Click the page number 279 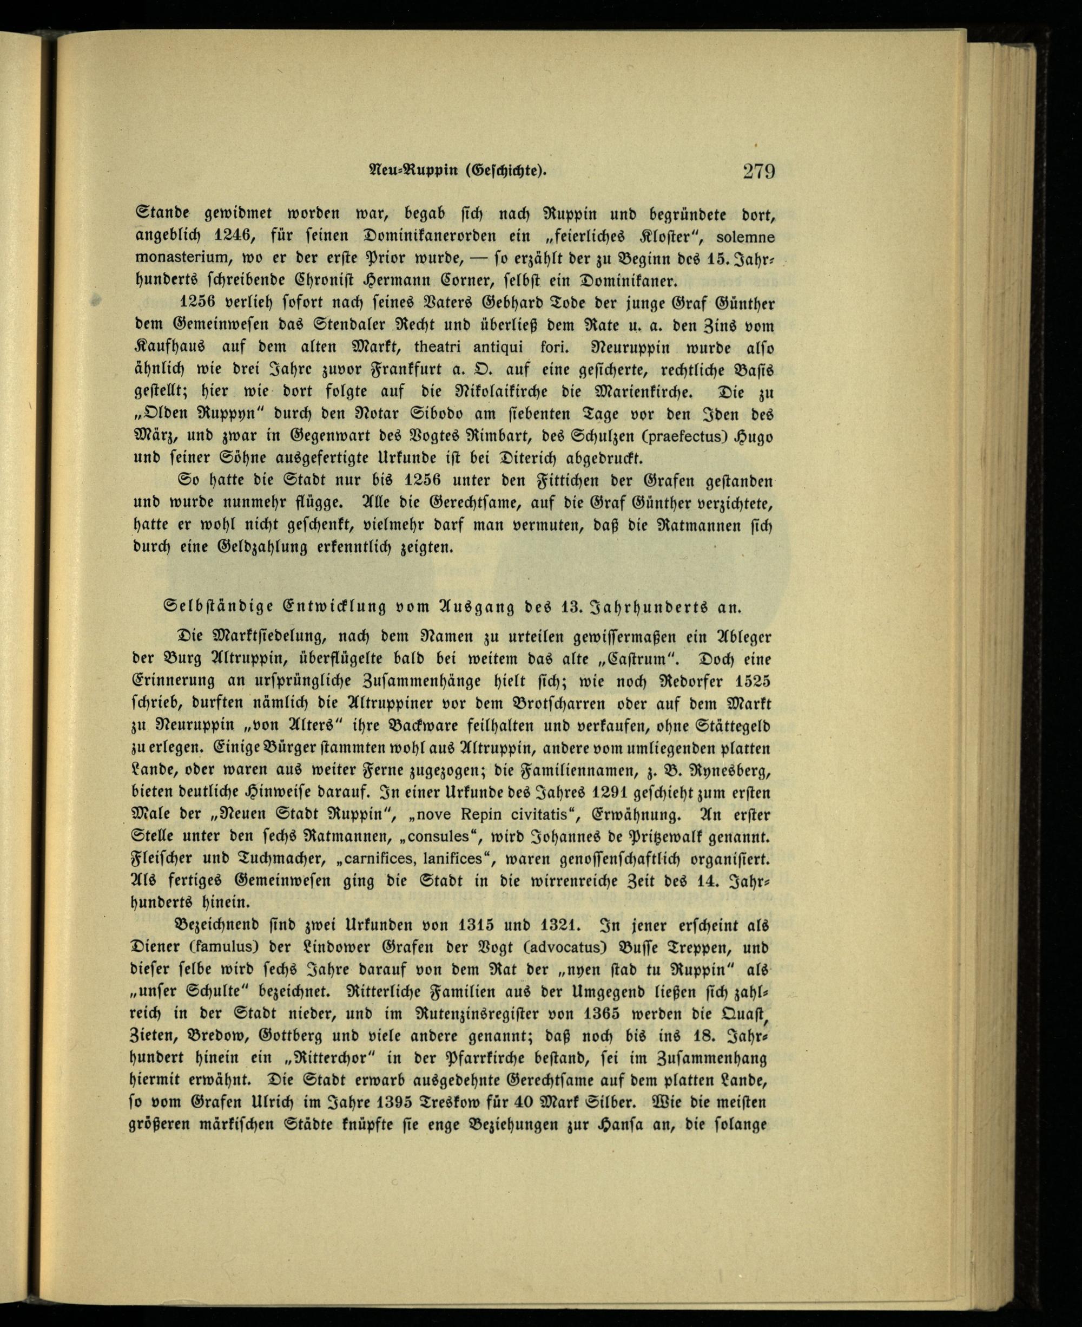(758, 170)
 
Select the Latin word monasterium (177, 258)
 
